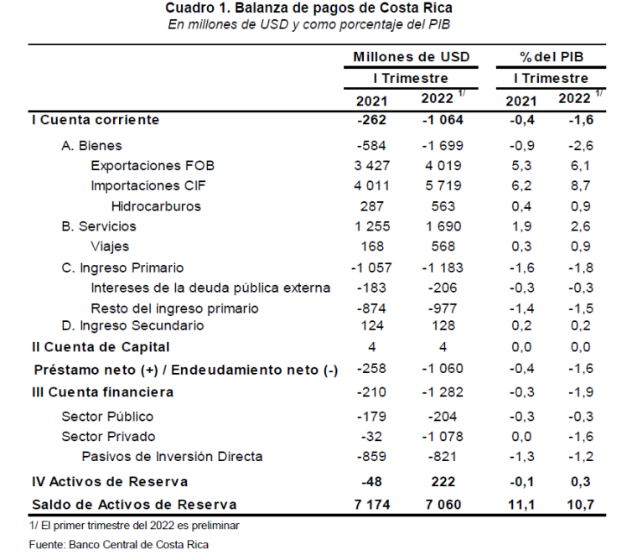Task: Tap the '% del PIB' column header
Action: tap(552, 57)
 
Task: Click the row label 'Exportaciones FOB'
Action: tap(148, 165)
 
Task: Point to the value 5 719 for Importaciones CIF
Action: tap(440, 185)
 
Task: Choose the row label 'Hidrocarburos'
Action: tap(156, 205)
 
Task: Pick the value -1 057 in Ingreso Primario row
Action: tap(370, 267)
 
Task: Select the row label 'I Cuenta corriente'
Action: tap(95, 120)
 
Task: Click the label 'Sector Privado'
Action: tap(108, 436)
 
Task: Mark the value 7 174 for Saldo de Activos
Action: tap(370, 505)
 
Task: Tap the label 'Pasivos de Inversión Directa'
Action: tap(172, 456)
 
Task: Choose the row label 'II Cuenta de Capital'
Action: tap(101, 346)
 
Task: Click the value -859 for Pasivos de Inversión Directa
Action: tap(370, 456)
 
